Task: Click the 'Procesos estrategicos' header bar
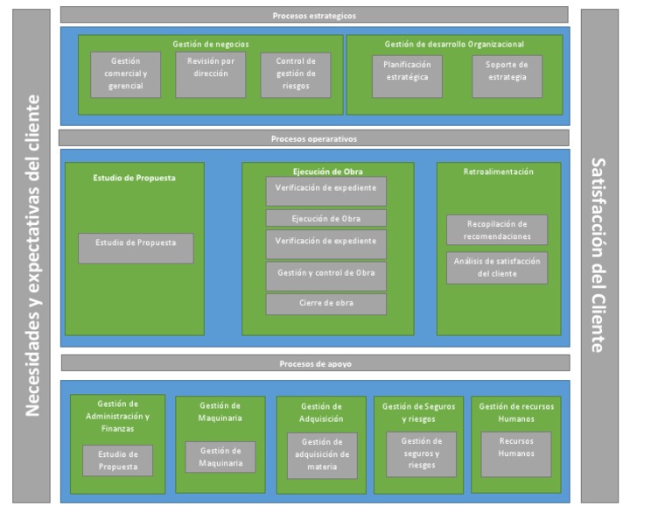(x=313, y=15)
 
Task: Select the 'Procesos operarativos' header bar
(x=313, y=138)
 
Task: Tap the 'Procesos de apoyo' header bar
(x=315, y=363)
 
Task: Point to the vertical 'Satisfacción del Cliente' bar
(x=599, y=256)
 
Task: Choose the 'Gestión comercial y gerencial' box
(x=125, y=74)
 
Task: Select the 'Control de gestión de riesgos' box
(x=295, y=74)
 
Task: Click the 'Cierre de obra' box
(x=325, y=304)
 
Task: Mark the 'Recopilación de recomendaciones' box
(x=497, y=229)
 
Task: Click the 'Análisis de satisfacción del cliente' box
(x=497, y=267)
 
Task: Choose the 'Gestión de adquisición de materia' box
(x=321, y=455)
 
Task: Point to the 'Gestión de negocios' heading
(x=210, y=43)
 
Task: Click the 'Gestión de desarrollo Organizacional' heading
(x=454, y=44)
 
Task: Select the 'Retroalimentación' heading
(x=497, y=172)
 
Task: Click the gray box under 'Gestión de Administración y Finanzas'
(x=117, y=460)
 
